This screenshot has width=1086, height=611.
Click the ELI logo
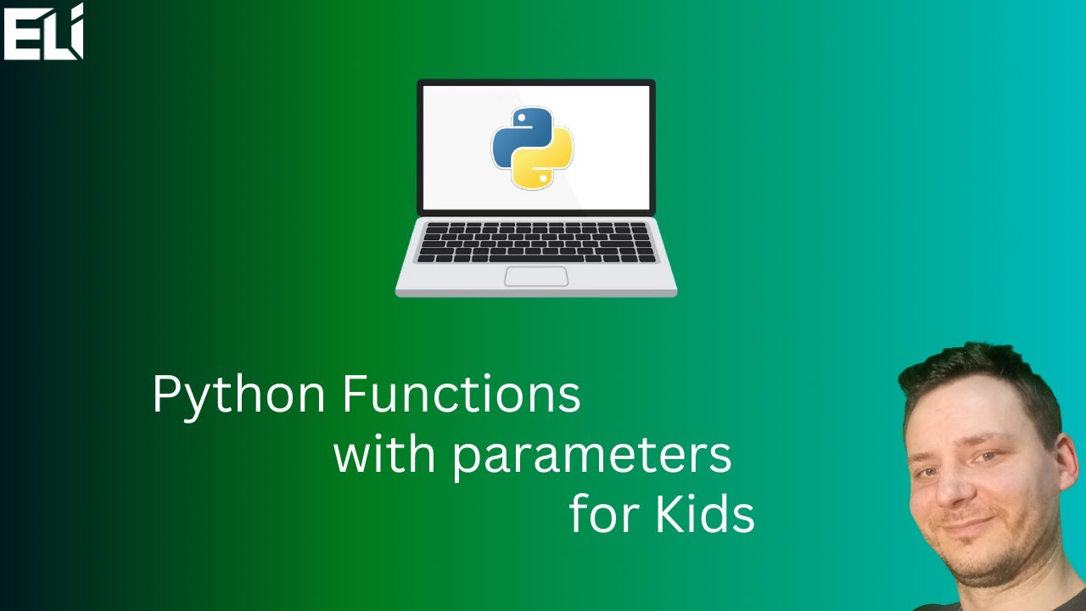pos(43,32)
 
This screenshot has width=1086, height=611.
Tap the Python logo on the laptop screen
pos(533,148)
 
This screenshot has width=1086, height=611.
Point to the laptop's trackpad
pos(536,276)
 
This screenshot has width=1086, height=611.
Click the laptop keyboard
pos(536,242)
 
